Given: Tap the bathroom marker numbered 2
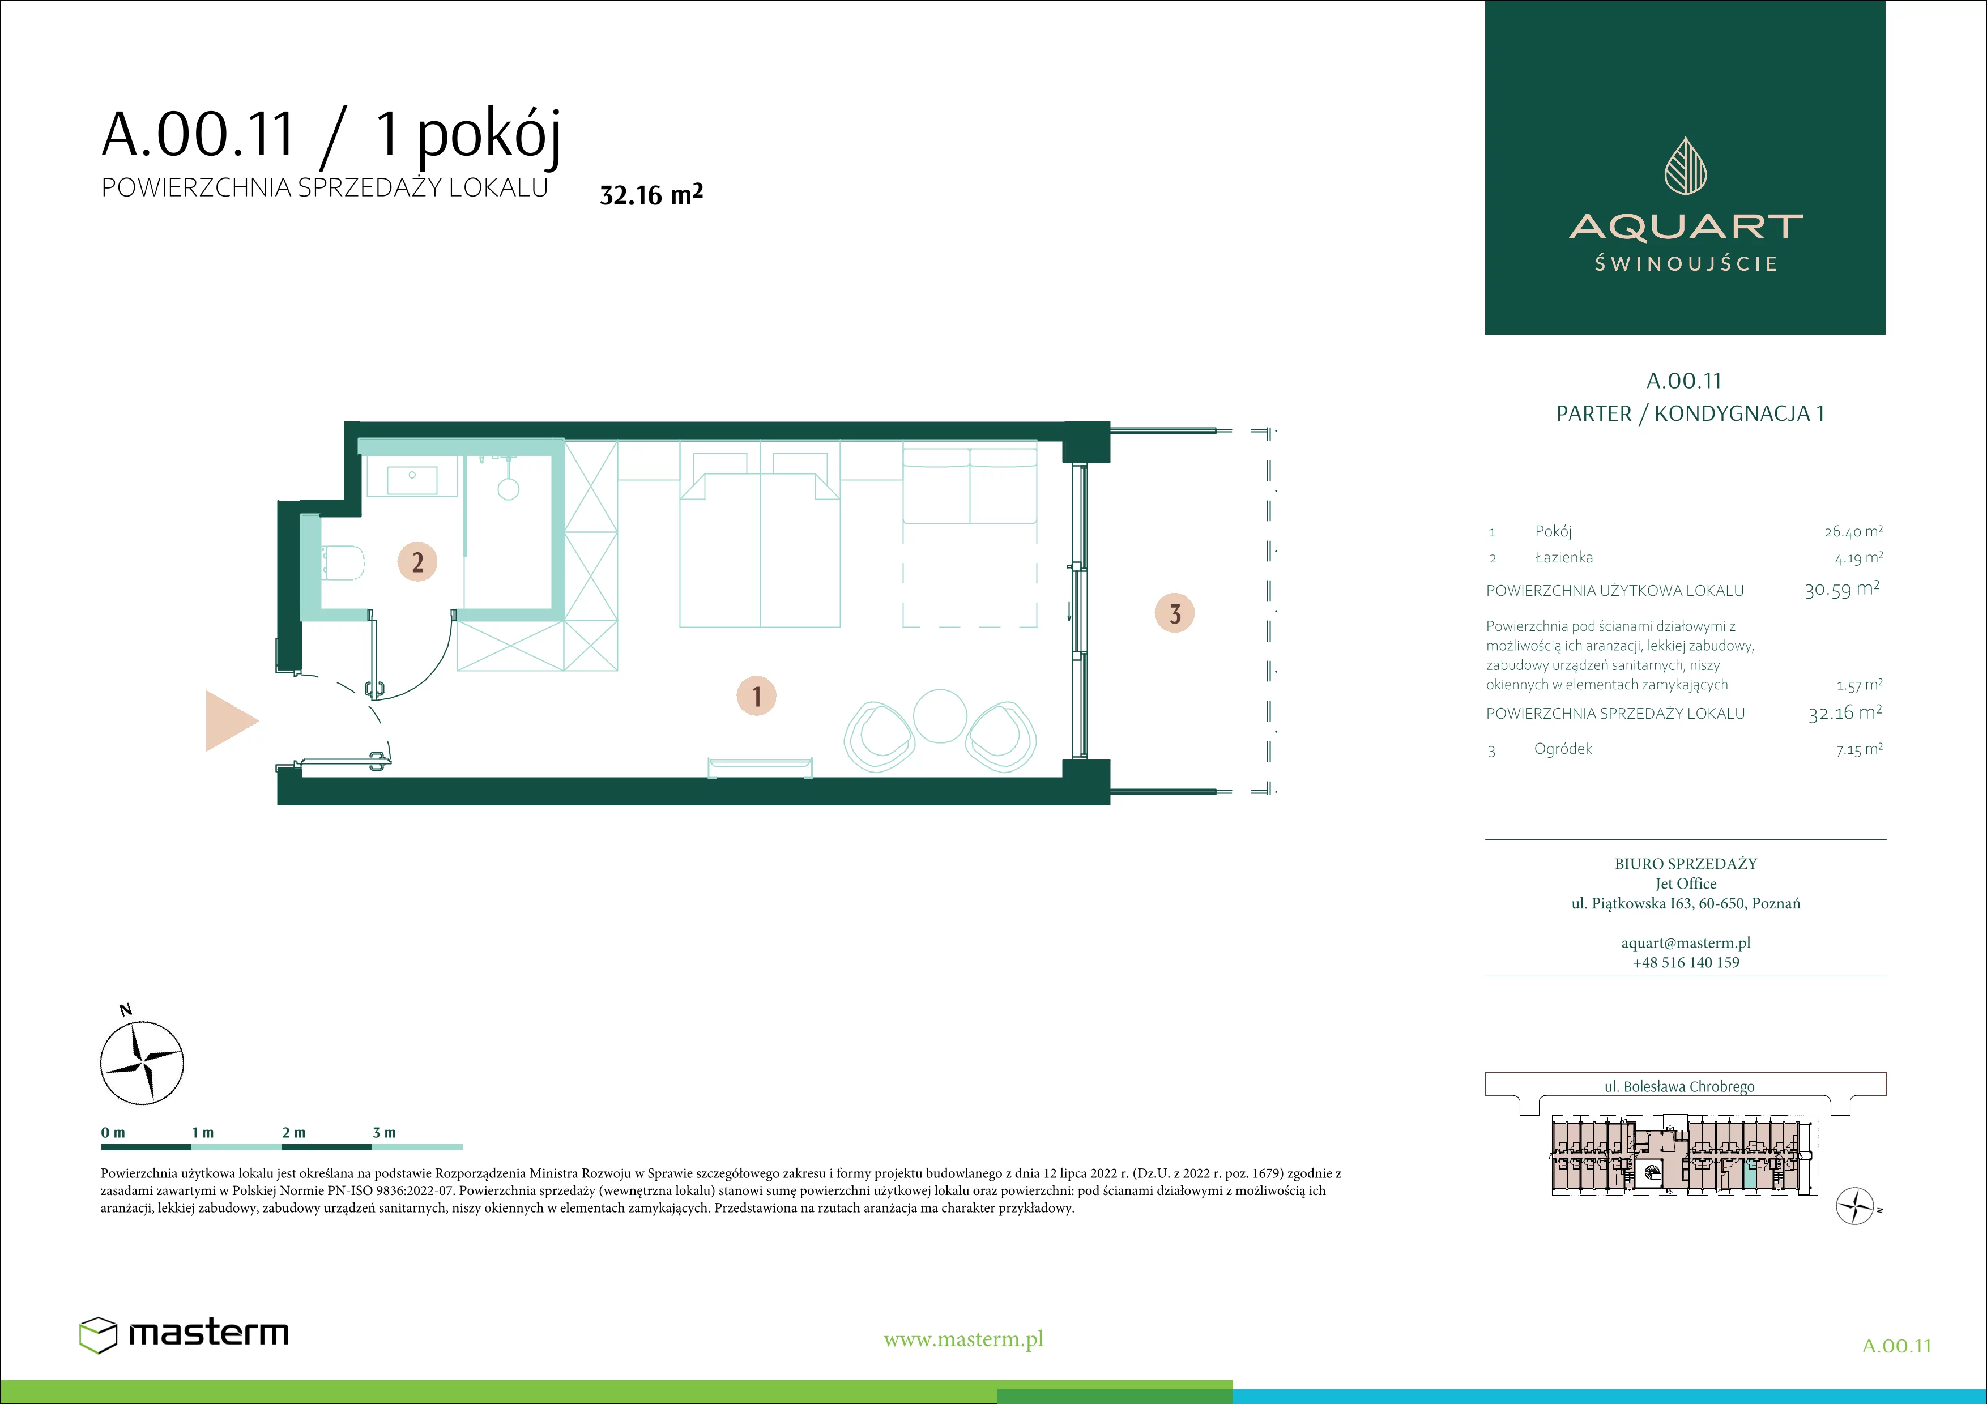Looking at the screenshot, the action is (x=417, y=562).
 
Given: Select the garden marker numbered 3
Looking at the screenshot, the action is (x=1174, y=613).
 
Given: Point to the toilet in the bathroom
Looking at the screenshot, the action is (x=343, y=563).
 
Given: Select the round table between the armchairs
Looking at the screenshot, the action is (x=940, y=715).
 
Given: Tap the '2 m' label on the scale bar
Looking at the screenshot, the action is (x=293, y=1132).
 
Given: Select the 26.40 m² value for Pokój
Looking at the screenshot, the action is (x=1853, y=531).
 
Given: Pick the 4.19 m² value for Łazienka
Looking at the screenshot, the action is (x=1858, y=558).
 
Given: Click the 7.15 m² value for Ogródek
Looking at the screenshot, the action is (x=1859, y=749).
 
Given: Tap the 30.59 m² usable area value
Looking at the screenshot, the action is (x=1841, y=590).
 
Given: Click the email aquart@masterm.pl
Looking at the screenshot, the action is (x=1685, y=943).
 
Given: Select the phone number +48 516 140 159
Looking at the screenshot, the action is (x=1685, y=962).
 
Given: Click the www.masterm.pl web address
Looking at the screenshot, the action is (x=963, y=1339).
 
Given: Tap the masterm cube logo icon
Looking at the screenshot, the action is (x=98, y=1335).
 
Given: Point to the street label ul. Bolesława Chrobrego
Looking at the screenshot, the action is (x=1679, y=1086).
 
